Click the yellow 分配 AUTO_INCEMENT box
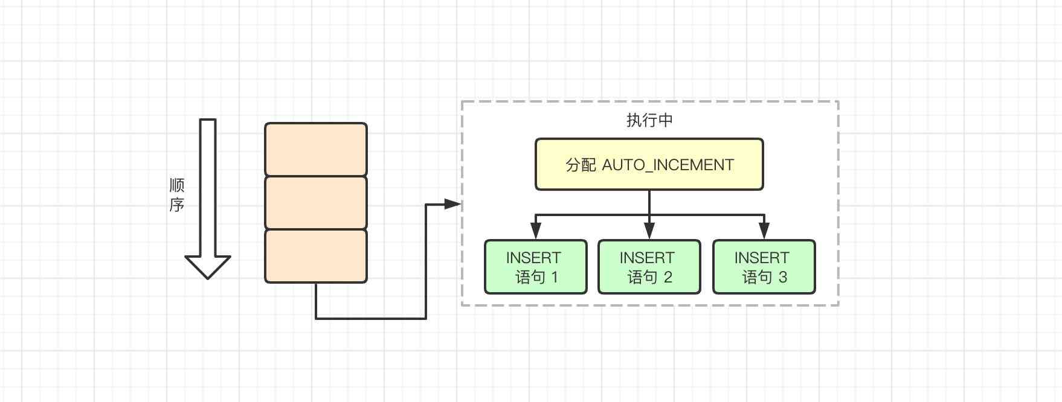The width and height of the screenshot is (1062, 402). (x=649, y=164)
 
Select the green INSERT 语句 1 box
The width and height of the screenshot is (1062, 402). (x=536, y=267)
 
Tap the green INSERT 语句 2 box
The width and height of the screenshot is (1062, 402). (x=649, y=267)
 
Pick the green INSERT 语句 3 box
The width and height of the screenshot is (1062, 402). (x=764, y=267)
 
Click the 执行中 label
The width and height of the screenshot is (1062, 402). (x=649, y=120)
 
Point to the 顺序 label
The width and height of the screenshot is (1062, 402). (x=176, y=195)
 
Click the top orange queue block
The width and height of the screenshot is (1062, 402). (x=316, y=149)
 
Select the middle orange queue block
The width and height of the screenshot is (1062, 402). (x=316, y=203)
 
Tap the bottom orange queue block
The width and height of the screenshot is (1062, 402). (x=316, y=256)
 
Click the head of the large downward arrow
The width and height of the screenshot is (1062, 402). (x=208, y=266)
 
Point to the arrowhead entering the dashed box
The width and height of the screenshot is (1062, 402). (x=453, y=204)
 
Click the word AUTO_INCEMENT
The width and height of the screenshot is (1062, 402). (x=668, y=165)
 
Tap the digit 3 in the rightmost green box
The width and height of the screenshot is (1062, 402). (x=783, y=277)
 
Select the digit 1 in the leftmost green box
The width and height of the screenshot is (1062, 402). (x=555, y=277)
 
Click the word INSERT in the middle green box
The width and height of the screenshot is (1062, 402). (x=647, y=258)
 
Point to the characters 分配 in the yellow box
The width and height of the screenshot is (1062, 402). (x=581, y=165)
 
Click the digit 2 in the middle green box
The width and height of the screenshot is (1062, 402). (x=668, y=277)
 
